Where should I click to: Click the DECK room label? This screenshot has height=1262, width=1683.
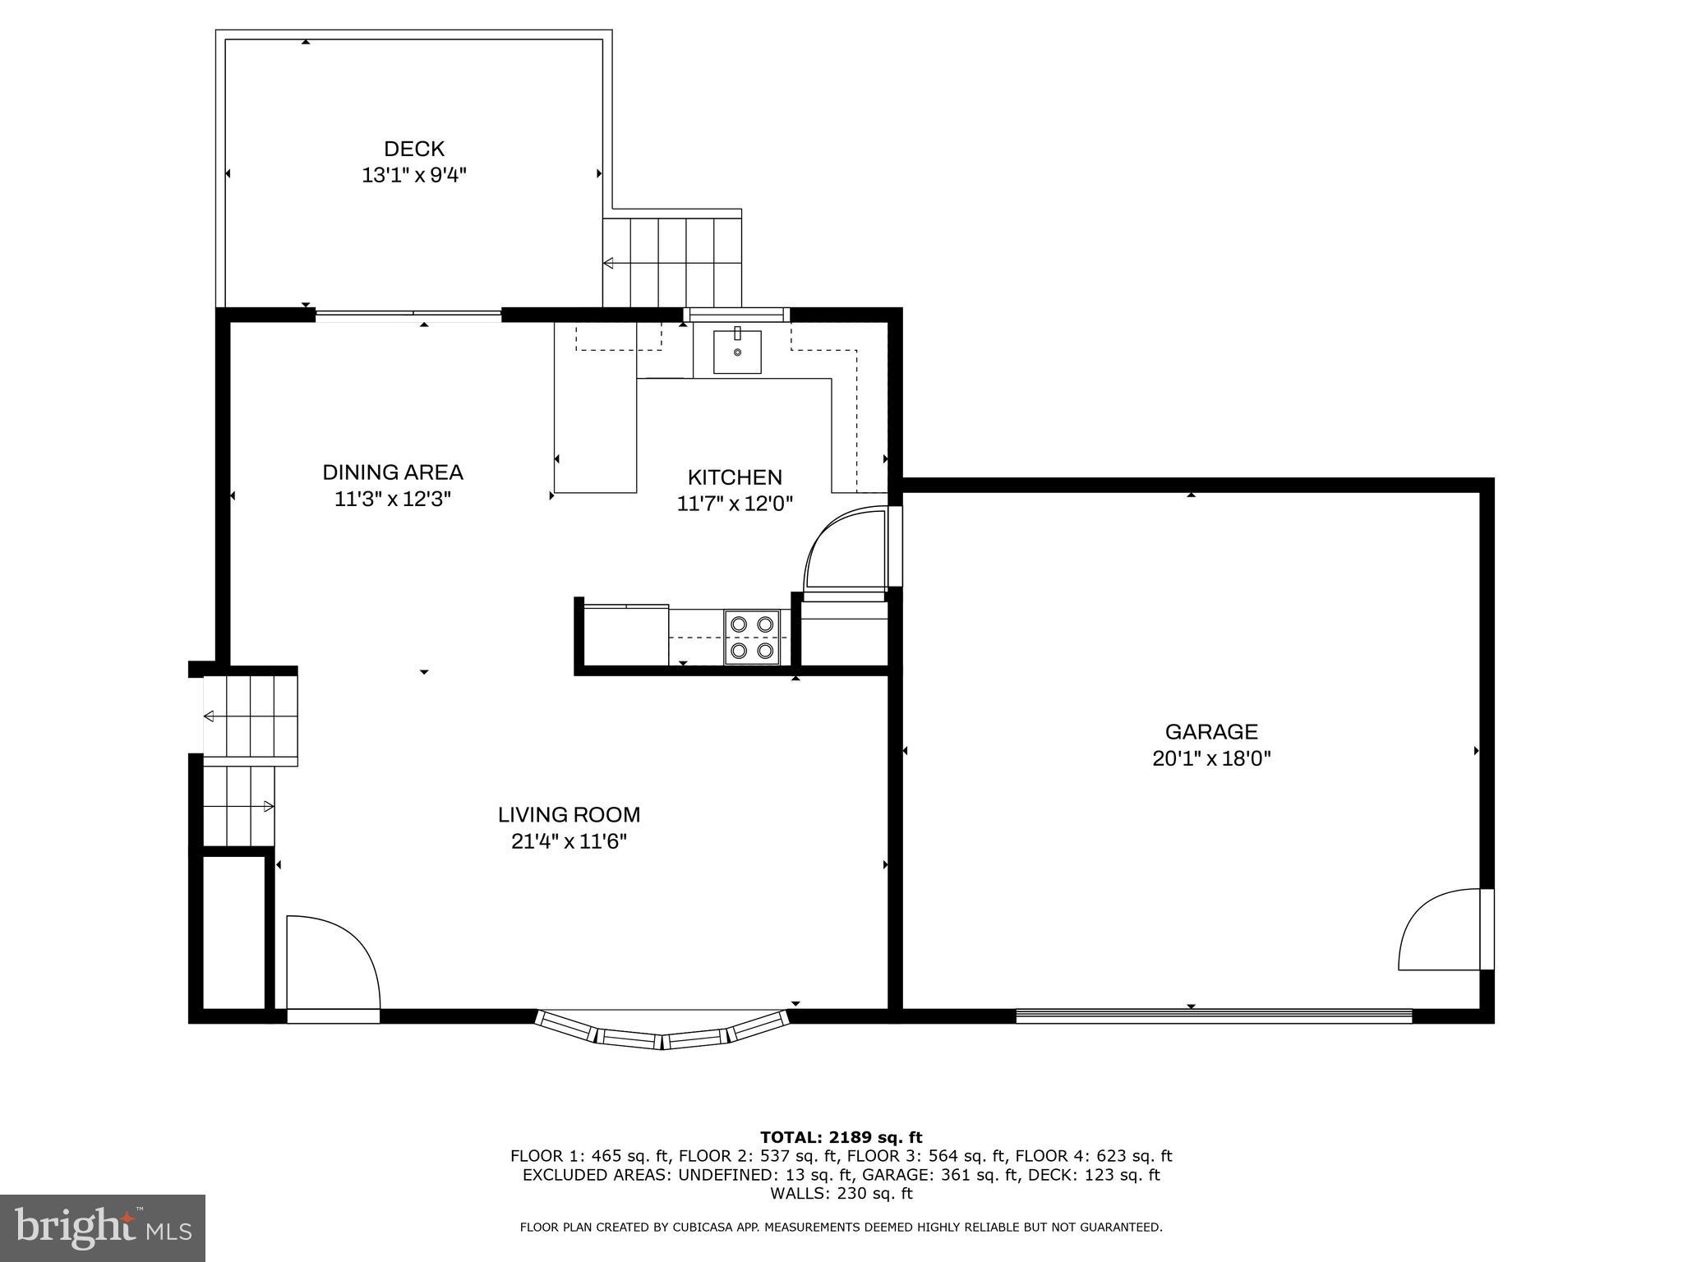point(414,149)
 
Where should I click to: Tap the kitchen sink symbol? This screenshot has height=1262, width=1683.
point(736,352)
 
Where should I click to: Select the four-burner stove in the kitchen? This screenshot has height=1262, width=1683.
point(752,638)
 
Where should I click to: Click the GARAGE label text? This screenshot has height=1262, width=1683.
point(1211,731)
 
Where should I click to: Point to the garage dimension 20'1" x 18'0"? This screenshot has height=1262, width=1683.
point(1211,758)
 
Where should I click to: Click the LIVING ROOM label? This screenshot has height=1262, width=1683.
point(569,814)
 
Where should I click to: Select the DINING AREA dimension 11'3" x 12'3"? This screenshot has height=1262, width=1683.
point(393,499)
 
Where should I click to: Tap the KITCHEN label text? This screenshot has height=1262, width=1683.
point(735,477)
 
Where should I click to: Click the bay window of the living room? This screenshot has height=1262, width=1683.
point(662,1032)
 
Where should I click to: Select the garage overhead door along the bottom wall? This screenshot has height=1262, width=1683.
point(1213,1016)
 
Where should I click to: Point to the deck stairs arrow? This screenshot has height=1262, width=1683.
point(609,263)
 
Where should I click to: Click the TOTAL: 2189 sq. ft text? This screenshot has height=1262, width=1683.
point(841,1137)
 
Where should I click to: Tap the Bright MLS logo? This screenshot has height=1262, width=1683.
point(102,1227)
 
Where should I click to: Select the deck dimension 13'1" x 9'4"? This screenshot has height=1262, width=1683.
point(414,175)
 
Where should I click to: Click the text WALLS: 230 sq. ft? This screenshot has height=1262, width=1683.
point(841,1193)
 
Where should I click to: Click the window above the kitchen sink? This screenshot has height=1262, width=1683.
point(736,313)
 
